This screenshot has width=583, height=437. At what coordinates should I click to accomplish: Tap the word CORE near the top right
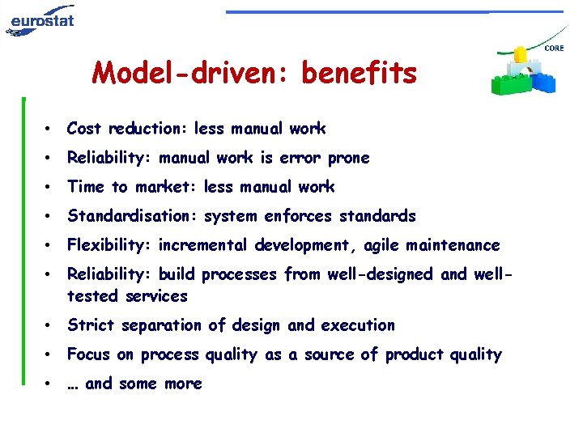click(555, 49)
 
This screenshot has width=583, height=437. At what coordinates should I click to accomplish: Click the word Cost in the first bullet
click(84, 129)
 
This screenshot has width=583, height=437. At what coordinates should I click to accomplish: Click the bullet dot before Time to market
click(50, 188)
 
